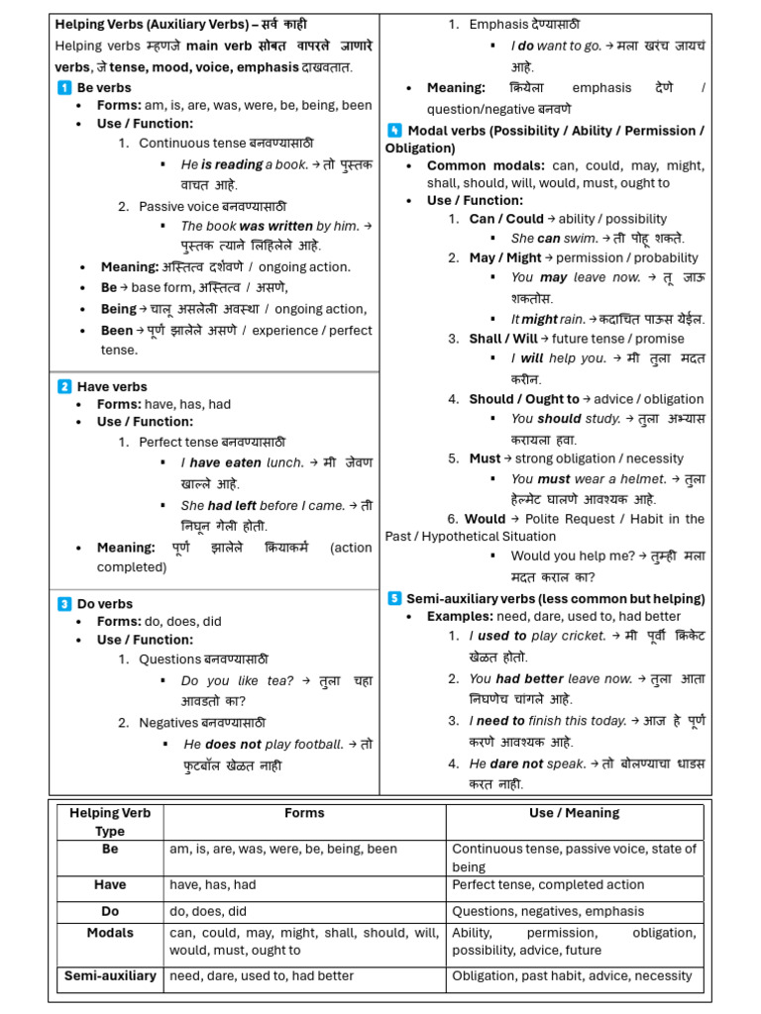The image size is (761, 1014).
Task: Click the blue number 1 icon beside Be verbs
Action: (x=63, y=88)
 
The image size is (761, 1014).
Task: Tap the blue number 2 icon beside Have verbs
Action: (x=63, y=387)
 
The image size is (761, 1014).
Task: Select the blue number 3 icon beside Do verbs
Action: (x=63, y=604)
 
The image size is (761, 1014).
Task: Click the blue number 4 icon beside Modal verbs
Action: (x=394, y=131)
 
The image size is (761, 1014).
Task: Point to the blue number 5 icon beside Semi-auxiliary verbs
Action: (x=394, y=599)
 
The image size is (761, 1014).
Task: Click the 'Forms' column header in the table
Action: (x=304, y=813)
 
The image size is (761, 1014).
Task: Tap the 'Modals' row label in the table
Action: (x=110, y=933)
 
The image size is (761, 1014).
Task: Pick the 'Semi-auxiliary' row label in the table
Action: (x=110, y=975)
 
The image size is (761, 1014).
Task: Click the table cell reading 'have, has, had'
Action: (x=213, y=885)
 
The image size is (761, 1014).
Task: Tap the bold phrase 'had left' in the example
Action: (x=232, y=506)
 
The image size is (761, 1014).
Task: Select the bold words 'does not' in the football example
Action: (x=234, y=744)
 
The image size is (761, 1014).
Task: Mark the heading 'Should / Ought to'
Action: (x=524, y=399)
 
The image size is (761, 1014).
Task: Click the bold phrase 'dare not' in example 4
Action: (x=519, y=763)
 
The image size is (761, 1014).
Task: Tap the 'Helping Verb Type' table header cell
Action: (x=110, y=822)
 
